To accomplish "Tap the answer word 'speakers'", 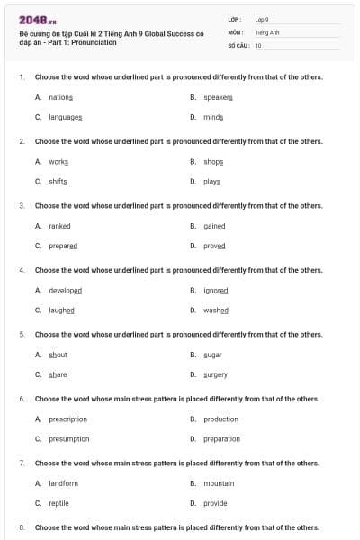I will click(219, 96).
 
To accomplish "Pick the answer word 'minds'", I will click(213, 117).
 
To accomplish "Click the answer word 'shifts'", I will click(58, 181).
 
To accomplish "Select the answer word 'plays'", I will click(212, 181).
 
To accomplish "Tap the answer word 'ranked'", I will click(59, 226).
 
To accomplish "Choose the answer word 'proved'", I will click(214, 246).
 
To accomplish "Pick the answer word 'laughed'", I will click(61, 310).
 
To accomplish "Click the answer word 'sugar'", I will click(213, 355).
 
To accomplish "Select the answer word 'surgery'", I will click(216, 374).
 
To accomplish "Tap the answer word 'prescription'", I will click(68, 418).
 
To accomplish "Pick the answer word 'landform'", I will click(64, 483).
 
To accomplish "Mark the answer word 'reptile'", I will click(58, 503).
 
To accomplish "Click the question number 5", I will click(22, 334).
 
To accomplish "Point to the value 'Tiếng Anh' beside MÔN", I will click(268, 31).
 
